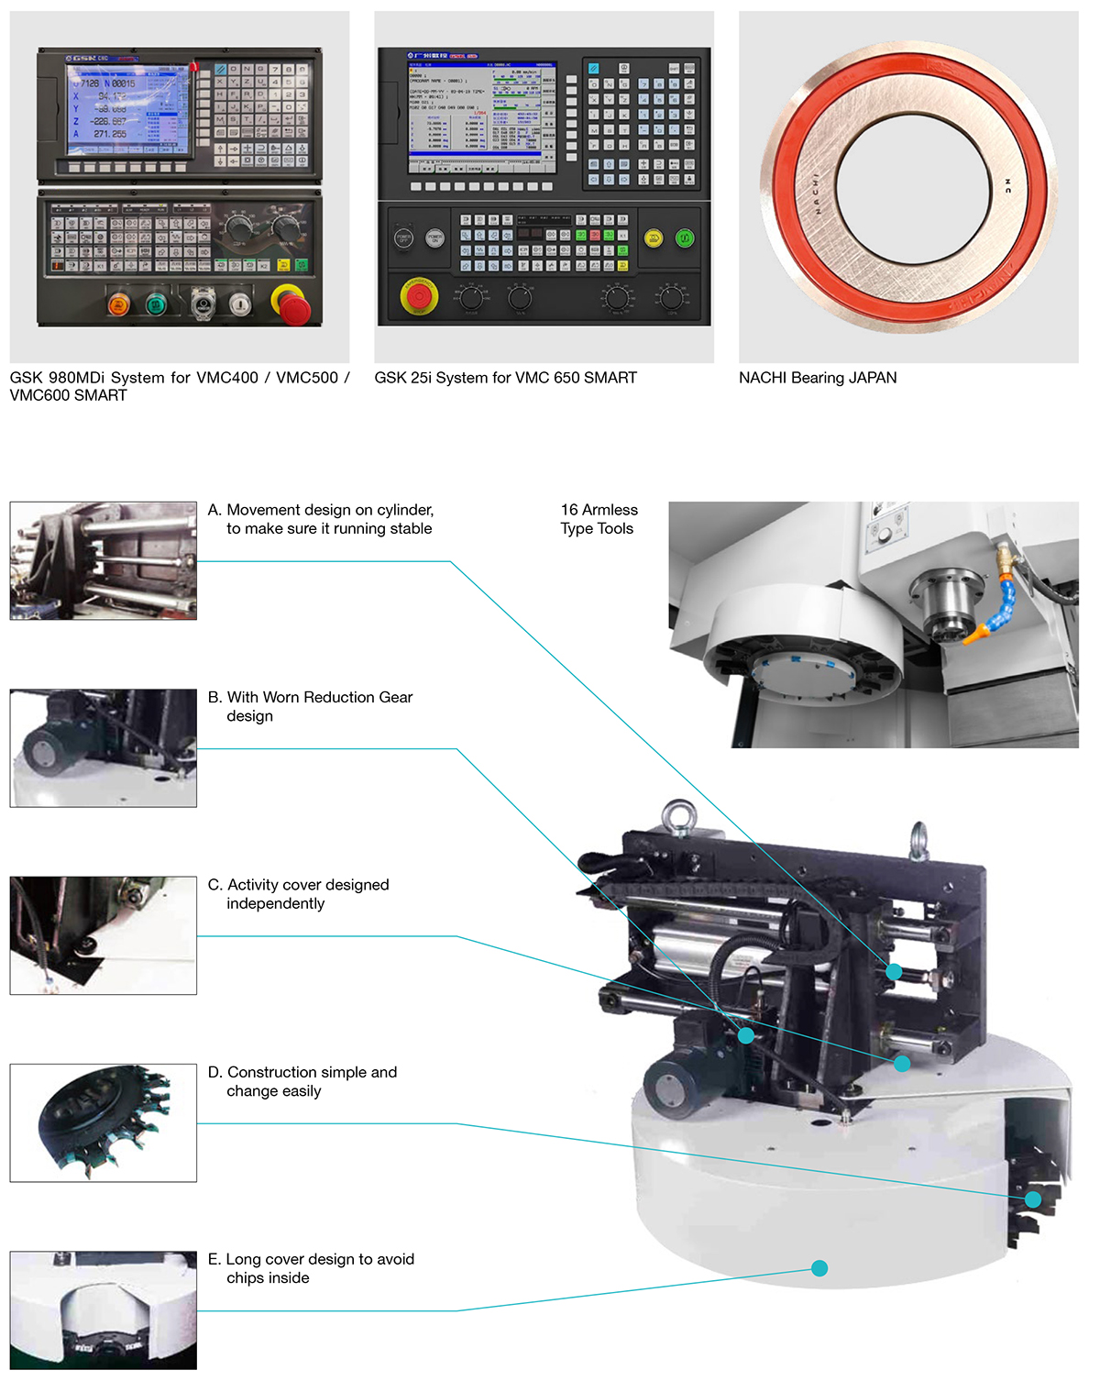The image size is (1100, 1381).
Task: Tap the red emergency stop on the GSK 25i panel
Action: (418, 296)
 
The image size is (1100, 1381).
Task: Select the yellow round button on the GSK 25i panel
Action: (654, 238)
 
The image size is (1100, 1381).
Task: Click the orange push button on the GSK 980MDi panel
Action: (119, 304)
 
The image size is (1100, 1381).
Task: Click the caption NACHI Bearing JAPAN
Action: (818, 378)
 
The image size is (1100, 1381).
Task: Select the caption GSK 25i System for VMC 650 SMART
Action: (505, 378)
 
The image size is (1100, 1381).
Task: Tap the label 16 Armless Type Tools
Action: (599, 519)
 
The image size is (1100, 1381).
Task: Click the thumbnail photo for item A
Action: (104, 560)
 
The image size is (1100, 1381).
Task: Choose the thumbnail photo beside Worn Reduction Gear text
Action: (104, 748)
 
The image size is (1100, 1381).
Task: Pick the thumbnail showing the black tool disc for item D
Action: (104, 1122)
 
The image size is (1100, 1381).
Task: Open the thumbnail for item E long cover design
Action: (104, 1309)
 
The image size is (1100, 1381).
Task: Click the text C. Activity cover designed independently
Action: (299, 894)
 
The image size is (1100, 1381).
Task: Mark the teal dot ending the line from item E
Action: (819, 1268)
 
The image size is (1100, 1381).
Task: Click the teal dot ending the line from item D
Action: (1033, 1199)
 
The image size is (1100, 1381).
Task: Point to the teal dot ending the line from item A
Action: (894, 971)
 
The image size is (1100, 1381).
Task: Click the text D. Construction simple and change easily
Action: (302, 1081)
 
